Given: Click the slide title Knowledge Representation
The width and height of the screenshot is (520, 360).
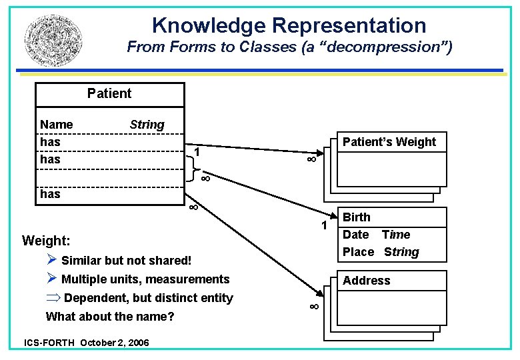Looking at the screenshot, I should coord(289,25).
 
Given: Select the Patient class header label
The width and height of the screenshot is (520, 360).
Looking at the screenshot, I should coord(109,93).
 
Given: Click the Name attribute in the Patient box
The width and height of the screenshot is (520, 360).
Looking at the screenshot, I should coord(57,125).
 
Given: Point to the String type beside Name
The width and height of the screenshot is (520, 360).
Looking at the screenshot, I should coord(147,125).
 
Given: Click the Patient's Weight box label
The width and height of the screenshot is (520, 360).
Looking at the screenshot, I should coord(389,142).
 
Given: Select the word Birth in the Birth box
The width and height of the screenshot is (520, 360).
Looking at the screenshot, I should coord(357,217).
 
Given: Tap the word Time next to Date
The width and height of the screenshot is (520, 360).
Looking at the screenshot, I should coord(396,235).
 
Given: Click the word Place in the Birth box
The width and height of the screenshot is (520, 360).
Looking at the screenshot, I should coord(358,252).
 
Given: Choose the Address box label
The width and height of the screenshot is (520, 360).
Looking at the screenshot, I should coord(367,281).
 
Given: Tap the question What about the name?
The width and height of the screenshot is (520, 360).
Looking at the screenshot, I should coord(110,317).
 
